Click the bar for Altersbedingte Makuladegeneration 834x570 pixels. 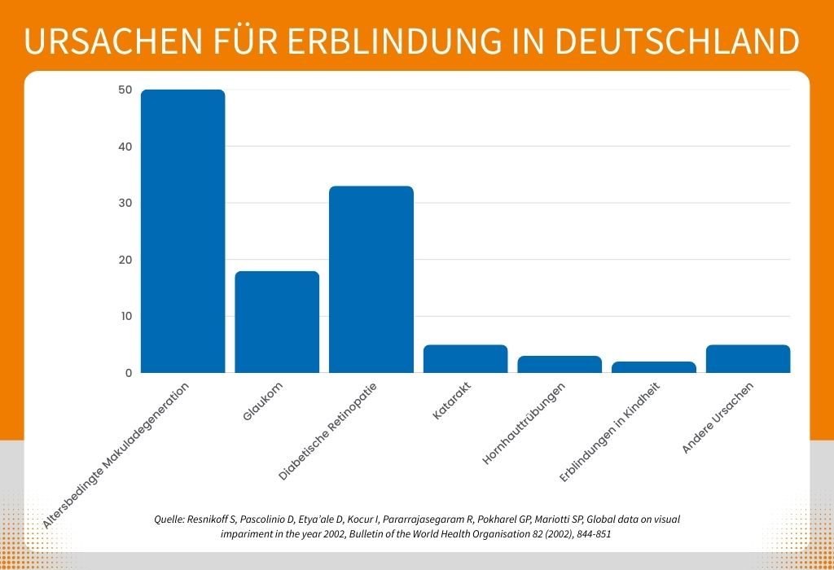pyautogui.click(x=182, y=231)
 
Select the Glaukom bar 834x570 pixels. pyautogui.click(x=277, y=322)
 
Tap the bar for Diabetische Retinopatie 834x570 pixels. pyautogui.click(x=371, y=279)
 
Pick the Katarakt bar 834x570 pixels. pyautogui.click(x=465, y=358)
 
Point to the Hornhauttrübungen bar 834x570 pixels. pyautogui.click(x=560, y=364)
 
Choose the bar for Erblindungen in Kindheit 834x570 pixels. pyautogui.click(x=654, y=367)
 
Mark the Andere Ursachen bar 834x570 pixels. pyautogui.click(x=748, y=358)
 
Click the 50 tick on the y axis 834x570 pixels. pyautogui.click(x=124, y=90)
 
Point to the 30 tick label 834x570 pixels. pyautogui.click(x=124, y=203)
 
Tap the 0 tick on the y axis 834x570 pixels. pyautogui.click(x=128, y=373)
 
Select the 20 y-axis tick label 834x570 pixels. pyautogui.click(x=124, y=260)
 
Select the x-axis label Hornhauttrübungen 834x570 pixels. pyautogui.click(x=530, y=423)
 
